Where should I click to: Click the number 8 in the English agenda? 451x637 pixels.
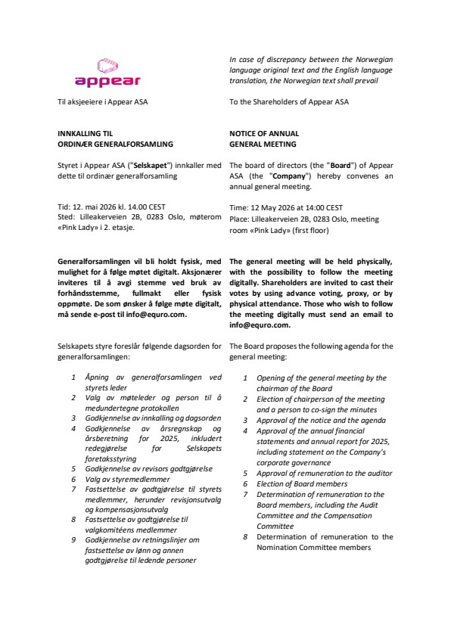pyautogui.click(x=245, y=536)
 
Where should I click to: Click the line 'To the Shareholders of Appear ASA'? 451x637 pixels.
pyautogui.click(x=289, y=101)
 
